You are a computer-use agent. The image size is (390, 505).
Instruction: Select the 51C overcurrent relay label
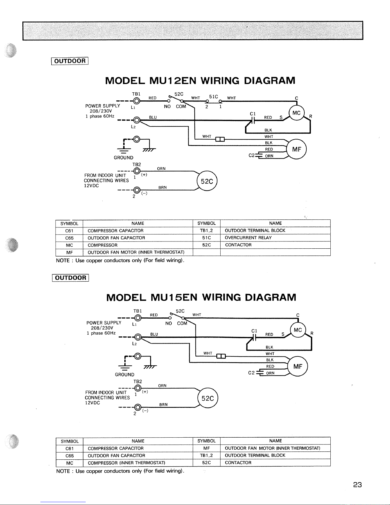213,97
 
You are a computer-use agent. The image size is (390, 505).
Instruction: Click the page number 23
357,485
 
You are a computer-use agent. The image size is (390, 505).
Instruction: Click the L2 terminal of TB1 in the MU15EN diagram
138,337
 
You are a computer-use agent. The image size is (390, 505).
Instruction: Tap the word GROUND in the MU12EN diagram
124,158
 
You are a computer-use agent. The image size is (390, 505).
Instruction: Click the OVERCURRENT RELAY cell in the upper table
248,238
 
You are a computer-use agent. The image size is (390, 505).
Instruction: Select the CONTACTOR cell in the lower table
238,463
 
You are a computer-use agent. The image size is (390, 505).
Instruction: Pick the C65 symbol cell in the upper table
69,238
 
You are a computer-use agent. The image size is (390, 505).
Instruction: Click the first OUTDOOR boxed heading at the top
70,61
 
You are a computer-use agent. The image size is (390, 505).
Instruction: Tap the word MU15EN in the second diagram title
174,297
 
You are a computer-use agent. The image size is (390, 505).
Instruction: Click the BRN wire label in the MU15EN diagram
163,405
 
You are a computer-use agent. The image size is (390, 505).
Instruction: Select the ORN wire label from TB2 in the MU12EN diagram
161,169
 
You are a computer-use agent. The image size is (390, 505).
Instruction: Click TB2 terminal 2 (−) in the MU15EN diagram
138,407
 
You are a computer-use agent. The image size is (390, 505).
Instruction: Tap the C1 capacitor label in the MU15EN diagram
254,331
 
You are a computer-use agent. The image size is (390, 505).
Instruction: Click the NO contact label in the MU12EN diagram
167,107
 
